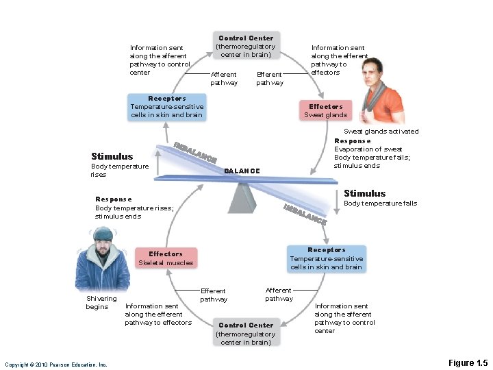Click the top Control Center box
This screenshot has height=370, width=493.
coord(245,46)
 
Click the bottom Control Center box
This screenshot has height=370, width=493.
coord(246,333)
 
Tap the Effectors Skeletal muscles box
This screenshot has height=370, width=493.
coord(166,258)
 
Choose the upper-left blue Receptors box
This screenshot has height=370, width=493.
coord(166,107)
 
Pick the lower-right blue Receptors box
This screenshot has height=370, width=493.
coord(326,258)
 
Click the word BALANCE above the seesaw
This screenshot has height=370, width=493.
coord(242,171)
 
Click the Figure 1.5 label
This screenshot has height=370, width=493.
coord(468,362)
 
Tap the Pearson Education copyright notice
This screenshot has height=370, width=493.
coord(56,365)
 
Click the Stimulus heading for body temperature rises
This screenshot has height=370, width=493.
coord(112,156)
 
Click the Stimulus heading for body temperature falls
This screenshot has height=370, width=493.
coord(364,193)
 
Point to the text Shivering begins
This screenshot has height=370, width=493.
coord(97,302)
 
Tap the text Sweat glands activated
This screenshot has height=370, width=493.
coord(381,131)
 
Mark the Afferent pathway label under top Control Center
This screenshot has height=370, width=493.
coord(223,78)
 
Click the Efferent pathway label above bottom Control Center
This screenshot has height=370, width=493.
coord(213,295)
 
